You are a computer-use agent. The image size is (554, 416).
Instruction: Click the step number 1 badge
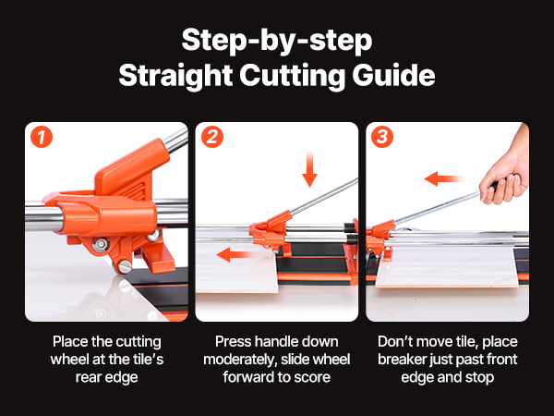(42, 137)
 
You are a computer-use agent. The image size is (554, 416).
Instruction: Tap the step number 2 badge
(212, 137)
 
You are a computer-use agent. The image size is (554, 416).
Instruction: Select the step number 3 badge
(382, 137)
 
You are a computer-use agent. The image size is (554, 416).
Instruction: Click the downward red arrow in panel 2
(310, 168)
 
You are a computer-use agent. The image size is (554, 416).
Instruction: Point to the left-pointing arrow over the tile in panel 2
(235, 254)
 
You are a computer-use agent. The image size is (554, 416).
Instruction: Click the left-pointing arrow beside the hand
(444, 178)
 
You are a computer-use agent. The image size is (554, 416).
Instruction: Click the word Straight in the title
(175, 76)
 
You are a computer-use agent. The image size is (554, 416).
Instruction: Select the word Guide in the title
(393, 75)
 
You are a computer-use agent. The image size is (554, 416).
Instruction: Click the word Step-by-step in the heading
(277, 41)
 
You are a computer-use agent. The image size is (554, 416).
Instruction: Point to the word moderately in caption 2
(238, 360)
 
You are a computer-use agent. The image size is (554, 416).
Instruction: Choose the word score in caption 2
(312, 377)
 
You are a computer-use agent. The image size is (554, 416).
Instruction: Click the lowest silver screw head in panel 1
(125, 266)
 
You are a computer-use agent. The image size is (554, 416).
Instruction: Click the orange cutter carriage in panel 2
(271, 232)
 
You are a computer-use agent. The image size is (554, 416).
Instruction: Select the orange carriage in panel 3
(380, 238)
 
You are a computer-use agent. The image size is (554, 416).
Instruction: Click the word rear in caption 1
(88, 377)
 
